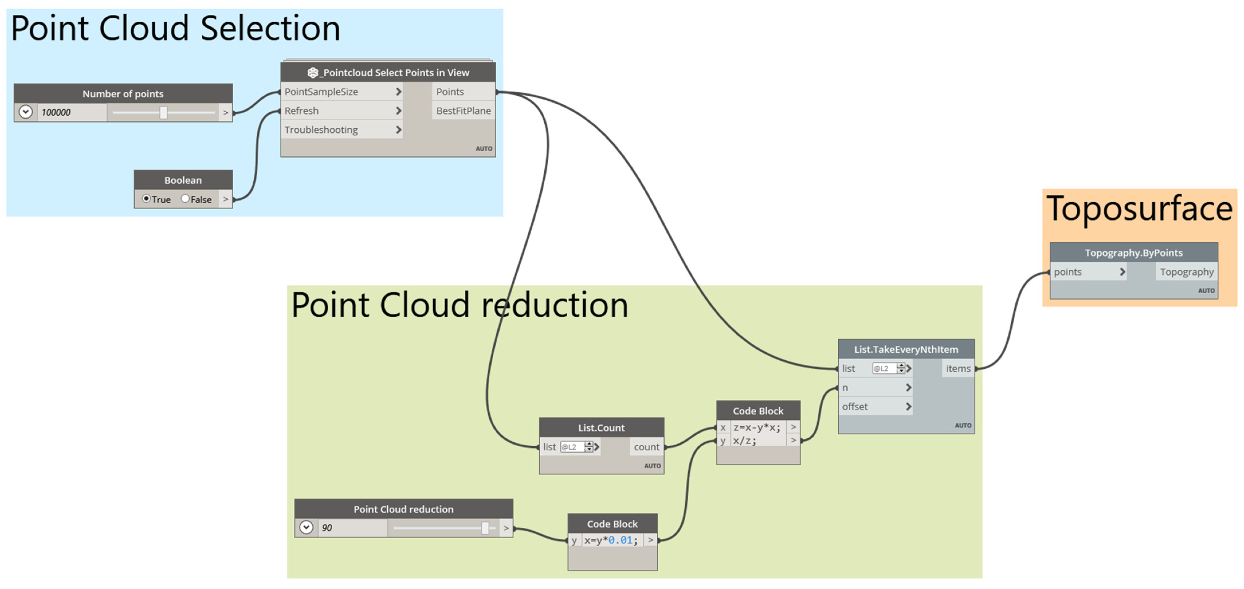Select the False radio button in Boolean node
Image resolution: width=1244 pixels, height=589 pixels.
click(185, 199)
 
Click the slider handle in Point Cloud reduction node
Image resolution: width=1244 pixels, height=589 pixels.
click(485, 528)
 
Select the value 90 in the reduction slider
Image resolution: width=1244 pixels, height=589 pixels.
click(327, 528)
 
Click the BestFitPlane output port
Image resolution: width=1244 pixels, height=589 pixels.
click(463, 111)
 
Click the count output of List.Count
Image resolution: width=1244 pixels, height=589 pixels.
click(646, 447)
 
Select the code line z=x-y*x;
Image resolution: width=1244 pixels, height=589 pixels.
click(757, 427)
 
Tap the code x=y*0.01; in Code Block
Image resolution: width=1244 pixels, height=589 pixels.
click(611, 540)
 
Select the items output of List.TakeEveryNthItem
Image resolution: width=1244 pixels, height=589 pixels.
click(958, 368)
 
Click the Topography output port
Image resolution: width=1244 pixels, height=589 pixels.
click(1186, 272)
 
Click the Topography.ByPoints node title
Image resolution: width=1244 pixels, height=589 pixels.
click(1133, 252)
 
